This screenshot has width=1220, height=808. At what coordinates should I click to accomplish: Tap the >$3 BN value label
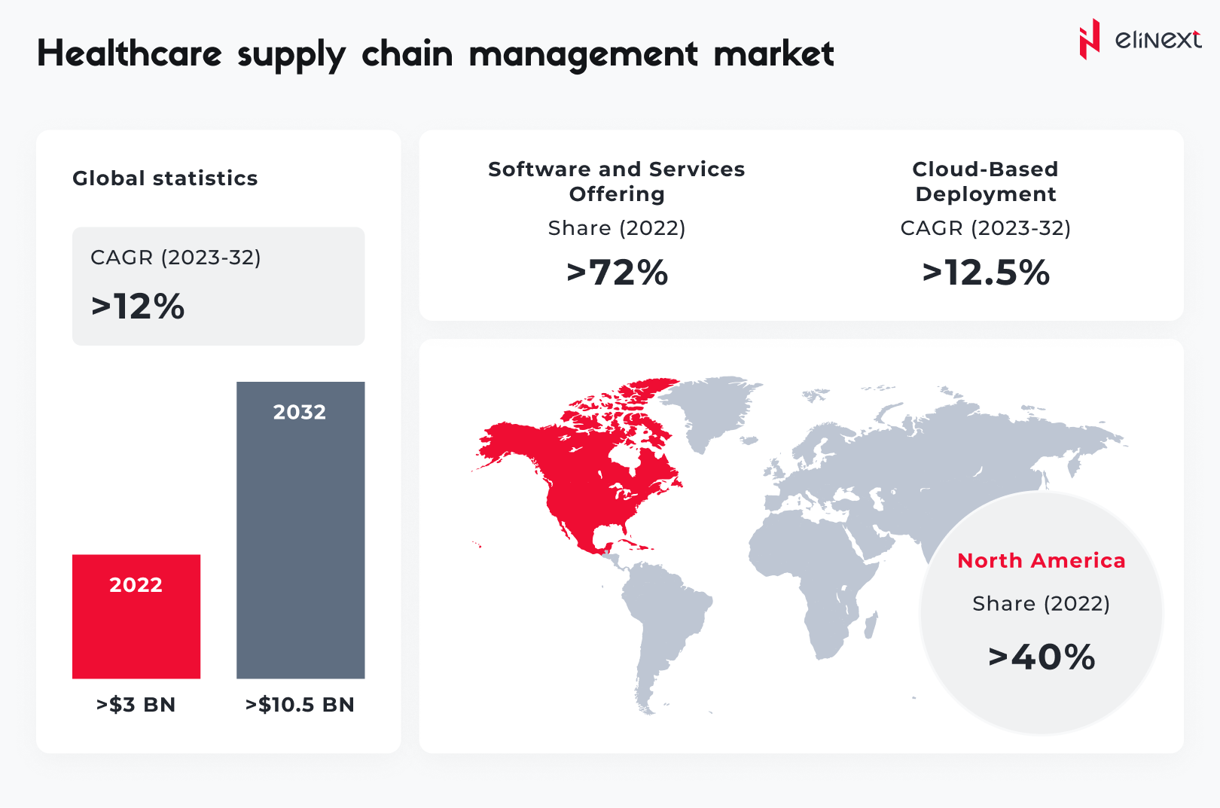136,705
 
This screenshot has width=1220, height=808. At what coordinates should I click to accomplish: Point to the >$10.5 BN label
300,705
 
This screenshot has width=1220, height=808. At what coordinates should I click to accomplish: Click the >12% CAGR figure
139,306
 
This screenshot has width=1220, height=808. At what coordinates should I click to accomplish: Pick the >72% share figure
618,273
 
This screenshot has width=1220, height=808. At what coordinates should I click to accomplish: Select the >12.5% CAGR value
986,273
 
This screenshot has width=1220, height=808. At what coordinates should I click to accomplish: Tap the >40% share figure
1042,657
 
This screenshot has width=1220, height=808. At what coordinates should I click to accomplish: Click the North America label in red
1042,561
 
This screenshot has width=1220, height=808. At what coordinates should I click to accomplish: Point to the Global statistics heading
165,178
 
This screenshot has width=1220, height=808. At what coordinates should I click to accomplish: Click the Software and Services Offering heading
617,181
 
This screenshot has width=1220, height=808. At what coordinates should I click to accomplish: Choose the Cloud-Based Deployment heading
986,181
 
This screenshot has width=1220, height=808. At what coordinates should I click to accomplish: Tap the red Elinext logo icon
1089,39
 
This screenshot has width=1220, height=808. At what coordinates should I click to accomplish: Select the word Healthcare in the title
130,54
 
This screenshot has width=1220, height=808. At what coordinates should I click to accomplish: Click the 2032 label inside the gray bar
300,412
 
